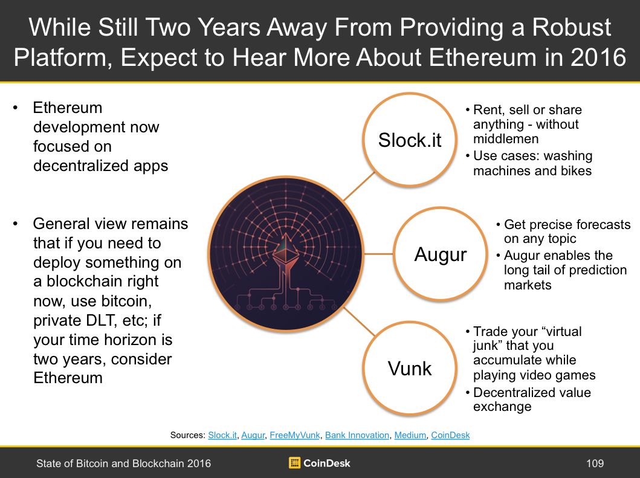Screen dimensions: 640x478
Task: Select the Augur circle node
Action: [441, 254]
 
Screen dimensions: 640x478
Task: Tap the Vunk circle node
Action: [409, 368]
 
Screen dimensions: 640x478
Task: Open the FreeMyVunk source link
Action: [295, 435]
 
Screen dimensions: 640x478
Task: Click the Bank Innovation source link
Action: [357, 435]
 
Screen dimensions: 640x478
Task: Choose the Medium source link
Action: [410, 435]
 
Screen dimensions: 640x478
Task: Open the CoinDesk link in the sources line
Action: [450, 435]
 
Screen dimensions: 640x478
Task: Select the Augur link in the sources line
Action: [253, 435]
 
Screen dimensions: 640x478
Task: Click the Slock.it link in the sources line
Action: [222, 435]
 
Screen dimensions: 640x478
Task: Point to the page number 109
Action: [595, 463]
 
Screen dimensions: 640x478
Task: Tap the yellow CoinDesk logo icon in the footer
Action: [294, 463]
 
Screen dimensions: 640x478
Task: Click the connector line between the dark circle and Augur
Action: [378, 254]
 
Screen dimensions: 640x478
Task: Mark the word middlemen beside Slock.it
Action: [506, 139]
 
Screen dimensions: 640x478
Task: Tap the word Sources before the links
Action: [187, 435]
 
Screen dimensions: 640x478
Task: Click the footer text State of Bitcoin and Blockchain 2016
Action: [123, 463]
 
